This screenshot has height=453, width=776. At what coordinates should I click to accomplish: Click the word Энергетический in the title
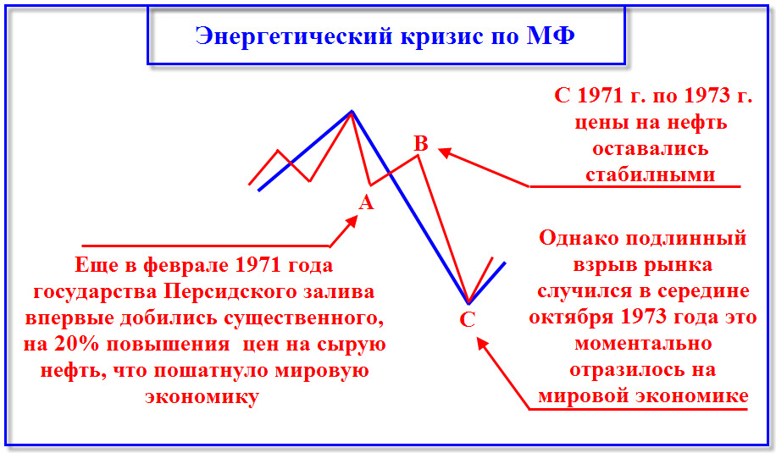pos(295,36)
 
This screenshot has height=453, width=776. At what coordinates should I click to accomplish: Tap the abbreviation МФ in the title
pos(551,35)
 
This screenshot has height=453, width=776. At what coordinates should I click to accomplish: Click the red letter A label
pos(366,202)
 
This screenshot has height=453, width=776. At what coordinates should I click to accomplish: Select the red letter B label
pos(421,143)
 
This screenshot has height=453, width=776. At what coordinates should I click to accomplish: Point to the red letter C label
pos(467,319)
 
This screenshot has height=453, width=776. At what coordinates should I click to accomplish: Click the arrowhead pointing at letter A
pos(352,222)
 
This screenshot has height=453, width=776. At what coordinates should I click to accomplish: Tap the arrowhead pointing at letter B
pos(445,152)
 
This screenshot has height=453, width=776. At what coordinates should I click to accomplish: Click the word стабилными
pos(651,174)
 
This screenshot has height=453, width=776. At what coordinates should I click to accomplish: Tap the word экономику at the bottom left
pos(202,397)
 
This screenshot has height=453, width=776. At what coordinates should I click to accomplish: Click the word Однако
pos(579,239)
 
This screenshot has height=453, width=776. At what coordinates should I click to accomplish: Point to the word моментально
pos(643,343)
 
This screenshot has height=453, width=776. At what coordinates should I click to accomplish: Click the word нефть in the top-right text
pos(697,123)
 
